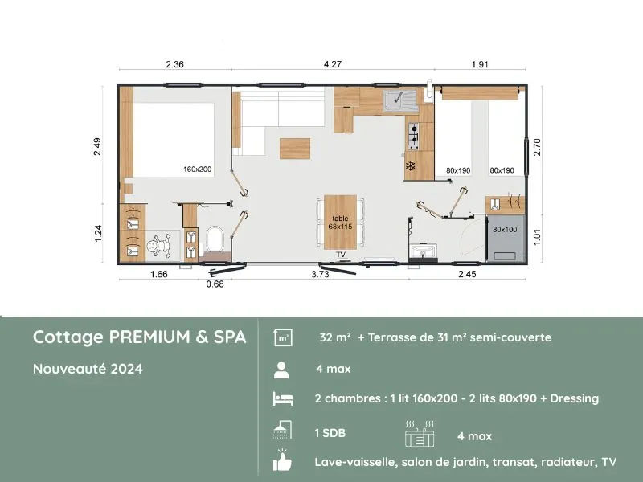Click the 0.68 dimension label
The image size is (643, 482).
[215, 283]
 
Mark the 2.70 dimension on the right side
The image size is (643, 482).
[538, 146]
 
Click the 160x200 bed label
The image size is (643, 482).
[197, 170]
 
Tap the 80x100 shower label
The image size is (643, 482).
[505, 231]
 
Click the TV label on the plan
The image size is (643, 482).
[341, 255]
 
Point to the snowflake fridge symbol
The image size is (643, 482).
[411, 167]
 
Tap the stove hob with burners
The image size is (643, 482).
[414, 137]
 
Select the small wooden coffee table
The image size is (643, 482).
[295, 149]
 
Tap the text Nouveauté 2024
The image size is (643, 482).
[88, 370]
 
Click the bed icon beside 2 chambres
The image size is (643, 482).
[282, 399]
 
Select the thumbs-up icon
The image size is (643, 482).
[282, 463]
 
